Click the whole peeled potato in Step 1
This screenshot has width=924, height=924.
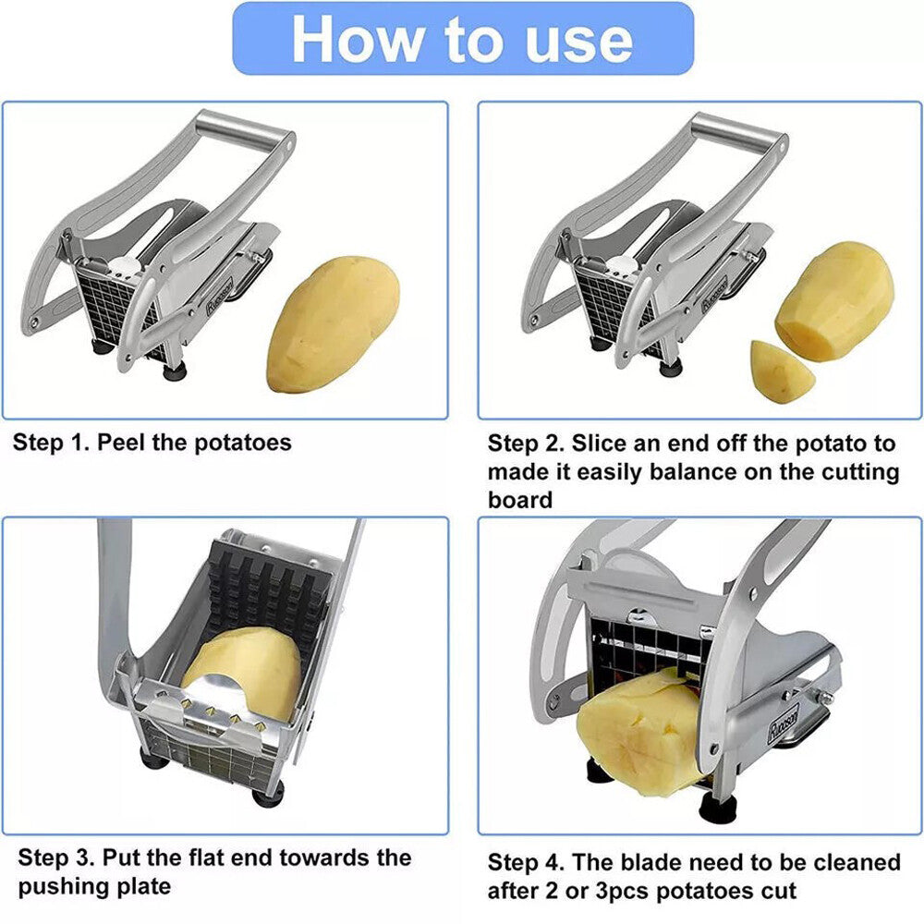pos(333,325)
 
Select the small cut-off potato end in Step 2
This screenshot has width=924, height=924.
pos(781,371)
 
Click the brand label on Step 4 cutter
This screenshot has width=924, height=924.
pos(783,723)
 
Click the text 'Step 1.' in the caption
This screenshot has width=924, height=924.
pos(49,443)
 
